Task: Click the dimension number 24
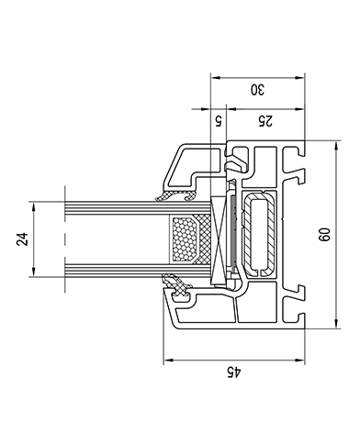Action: (22, 239)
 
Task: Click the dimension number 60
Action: (325, 235)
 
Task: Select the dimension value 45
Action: (234, 372)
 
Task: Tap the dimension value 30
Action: (257, 90)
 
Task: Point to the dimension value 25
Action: (265, 121)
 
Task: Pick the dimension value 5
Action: (218, 121)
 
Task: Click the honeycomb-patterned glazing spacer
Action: (185, 239)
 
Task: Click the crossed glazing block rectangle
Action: (219, 240)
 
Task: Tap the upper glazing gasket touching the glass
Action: (176, 195)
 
